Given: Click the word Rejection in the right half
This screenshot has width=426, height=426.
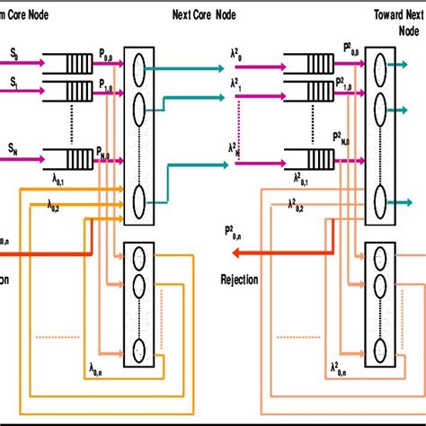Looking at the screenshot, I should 240,280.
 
